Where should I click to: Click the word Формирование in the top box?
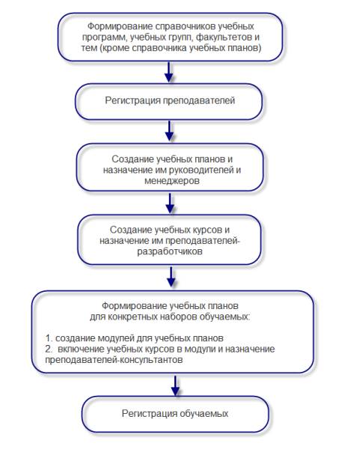(120, 27)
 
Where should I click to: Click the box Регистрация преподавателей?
(169, 102)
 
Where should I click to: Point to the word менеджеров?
(172, 181)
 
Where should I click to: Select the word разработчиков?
(170, 251)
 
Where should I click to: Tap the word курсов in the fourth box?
(207, 230)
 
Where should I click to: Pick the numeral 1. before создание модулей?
(49, 338)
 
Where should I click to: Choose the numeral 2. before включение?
(49, 349)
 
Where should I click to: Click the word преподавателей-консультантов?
(114, 360)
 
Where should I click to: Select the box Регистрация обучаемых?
(175, 415)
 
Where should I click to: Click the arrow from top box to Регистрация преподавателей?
(168, 72)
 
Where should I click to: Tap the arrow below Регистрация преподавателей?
(169, 131)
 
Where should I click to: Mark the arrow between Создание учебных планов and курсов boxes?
(170, 203)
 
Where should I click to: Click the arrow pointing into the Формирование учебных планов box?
(171, 277)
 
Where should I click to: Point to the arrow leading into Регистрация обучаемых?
(175, 386)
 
